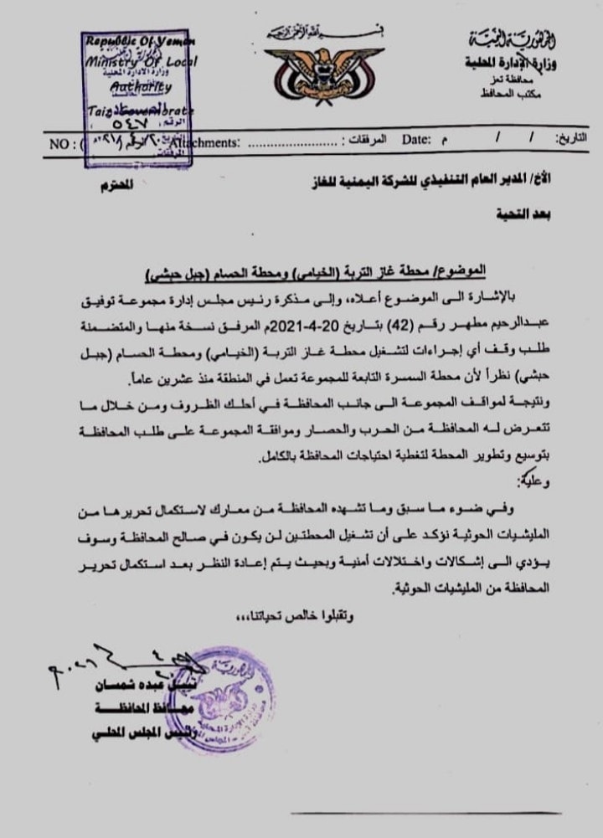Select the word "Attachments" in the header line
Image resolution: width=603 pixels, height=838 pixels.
207,143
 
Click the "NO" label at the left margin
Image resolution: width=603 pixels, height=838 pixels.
60,143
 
